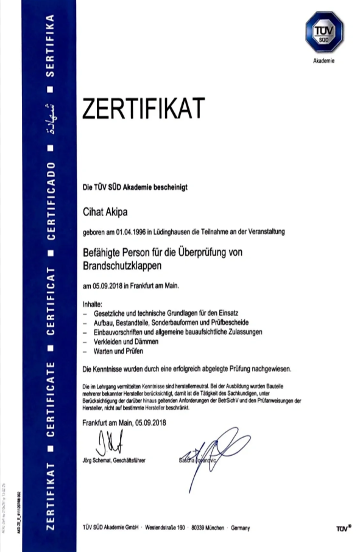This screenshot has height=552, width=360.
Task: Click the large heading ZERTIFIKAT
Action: pyautogui.click(x=143, y=110)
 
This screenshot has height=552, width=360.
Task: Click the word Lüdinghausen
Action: pyautogui.click(x=188, y=232)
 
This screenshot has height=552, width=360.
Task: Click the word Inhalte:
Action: pyautogui.click(x=93, y=303)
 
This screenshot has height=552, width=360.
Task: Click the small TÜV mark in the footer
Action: pyautogui.click(x=344, y=528)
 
